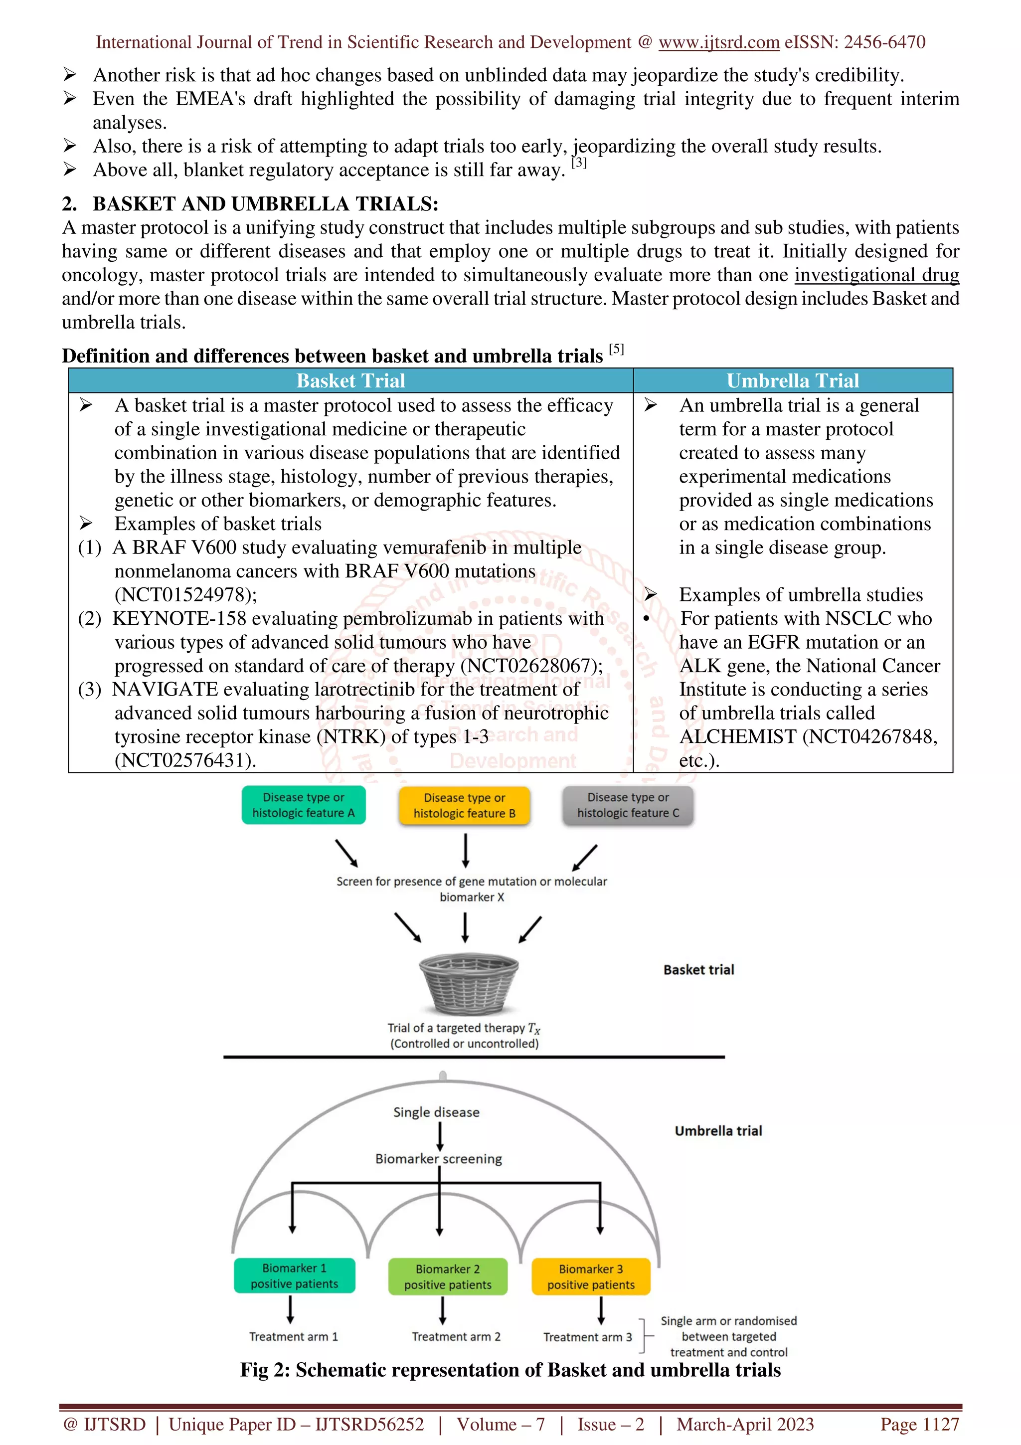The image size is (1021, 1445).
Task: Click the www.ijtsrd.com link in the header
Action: (718, 42)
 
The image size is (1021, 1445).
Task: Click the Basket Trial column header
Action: (350, 381)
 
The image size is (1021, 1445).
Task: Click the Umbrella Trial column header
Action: (792, 381)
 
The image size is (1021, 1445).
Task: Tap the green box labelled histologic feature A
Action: (303, 805)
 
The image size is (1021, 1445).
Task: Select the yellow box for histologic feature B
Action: (464, 806)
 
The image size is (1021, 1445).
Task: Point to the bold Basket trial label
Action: (698, 970)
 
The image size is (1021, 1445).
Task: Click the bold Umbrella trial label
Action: (718, 1131)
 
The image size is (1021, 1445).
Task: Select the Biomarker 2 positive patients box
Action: (447, 1276)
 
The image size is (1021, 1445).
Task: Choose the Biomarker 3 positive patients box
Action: (591, 1276)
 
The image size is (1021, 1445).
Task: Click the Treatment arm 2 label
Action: (456, 1337)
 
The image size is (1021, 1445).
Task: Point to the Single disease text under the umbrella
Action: (436, 1112)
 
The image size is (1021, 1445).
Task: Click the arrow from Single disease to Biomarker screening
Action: (439, 1136)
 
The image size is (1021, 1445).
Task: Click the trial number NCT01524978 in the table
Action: (185, 595)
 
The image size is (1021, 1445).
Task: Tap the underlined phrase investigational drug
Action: (876, 275)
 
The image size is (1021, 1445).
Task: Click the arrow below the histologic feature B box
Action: (465, 850)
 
